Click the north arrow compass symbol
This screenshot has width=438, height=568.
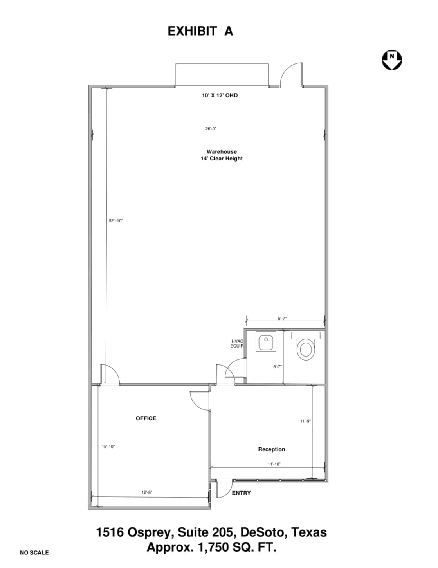[391, 60]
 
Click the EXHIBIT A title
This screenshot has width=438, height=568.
[200, 31]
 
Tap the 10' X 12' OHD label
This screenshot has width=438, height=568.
[220, 95]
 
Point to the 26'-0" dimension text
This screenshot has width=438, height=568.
[211, 129]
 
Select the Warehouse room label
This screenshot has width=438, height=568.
[222, 151]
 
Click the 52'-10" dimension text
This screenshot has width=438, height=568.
[116, 221]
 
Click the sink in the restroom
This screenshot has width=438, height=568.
[266, 342]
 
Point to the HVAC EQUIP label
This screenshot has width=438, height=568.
[237, 344]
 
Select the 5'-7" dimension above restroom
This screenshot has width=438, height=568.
[282, 319]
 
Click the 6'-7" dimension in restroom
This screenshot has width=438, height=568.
[277, 367]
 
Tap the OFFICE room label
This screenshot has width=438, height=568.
[146, 418]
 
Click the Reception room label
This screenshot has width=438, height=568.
[271, 449]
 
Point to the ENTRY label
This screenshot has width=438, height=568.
[241, 493]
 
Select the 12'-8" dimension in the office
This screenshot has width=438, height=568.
[147, 492]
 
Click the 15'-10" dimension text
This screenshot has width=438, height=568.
[108, 447]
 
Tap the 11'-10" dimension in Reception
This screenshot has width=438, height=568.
[274, 464]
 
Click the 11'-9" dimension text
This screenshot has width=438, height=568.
[305, 421]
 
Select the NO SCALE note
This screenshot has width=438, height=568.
[34, 552]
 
